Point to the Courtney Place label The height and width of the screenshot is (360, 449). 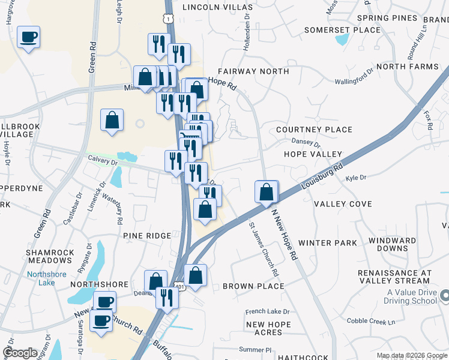click(x=314, y=130)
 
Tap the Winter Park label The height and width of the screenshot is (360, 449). click(x=327, y=243)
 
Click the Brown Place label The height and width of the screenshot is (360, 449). click(x=253, y=286)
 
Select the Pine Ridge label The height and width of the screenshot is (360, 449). click(x=147, y=236)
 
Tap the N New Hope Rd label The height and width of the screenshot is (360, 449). click(x=285, y=233)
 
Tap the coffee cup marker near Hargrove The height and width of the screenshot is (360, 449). click(x=28, y=38)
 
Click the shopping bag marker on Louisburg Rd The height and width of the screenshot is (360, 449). click(x=267, y=192)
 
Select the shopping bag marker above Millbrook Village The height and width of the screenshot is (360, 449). click(x=112, y=119)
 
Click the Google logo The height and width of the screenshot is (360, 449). click(x=20, y=353)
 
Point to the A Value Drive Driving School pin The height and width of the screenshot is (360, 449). click(x=445, y=295)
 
